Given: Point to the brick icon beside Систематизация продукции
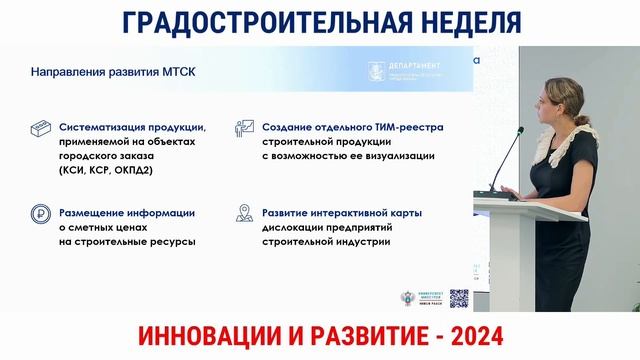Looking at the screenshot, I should (x=41, y=131).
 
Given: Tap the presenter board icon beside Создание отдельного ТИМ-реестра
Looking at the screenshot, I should (x=243, y=130).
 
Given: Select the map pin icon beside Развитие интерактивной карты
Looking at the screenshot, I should (x=243, y=214).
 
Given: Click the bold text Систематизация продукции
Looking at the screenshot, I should (x=132, y=128).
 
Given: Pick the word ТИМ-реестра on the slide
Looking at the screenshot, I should (x=405, y=128).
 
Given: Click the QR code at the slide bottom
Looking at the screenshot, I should (x=459, y=298).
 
